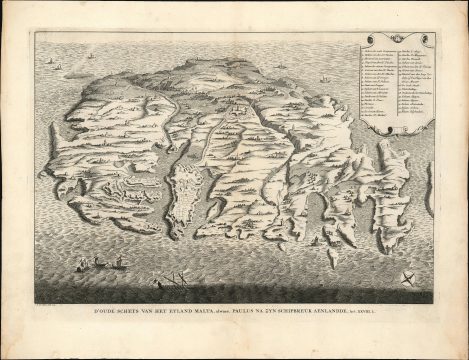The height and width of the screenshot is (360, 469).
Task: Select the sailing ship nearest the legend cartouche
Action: (325, 78)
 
